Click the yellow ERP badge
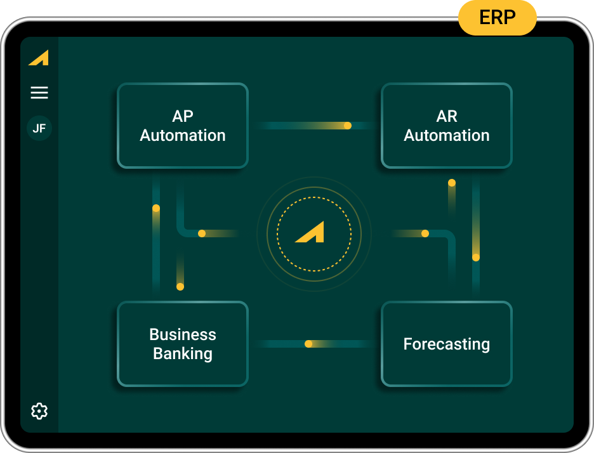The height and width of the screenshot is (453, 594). coord(497,18)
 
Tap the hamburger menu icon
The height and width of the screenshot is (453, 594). coord(39,93)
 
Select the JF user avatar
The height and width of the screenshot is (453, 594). coord(39,128)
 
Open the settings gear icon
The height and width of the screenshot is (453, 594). coord(39,411)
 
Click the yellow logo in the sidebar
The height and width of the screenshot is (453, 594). coord(39,58)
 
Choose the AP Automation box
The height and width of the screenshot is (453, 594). coord(183,126)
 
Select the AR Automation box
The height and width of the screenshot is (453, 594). coord(446,126)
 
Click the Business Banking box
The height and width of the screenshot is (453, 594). coord(183,344)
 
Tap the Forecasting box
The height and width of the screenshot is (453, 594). coord(446,344)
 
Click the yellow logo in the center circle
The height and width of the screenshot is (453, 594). coord(310,233)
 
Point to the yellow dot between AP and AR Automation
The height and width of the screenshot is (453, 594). coord(348,126)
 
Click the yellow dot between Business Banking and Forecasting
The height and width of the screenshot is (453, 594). coord(308,344)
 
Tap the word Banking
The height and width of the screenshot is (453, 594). coord(183,354)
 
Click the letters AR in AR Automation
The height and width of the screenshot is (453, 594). coord(447,116)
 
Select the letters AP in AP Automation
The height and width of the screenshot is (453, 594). coord(183,116)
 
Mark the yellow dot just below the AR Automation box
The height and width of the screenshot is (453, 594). coord(452,183)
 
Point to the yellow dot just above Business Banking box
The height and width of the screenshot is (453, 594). coord(180,287)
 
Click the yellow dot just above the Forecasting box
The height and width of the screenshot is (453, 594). coord(476,258)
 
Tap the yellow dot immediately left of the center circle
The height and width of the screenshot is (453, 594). coord(202,233)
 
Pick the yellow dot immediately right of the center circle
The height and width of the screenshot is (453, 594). coord(425,233)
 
